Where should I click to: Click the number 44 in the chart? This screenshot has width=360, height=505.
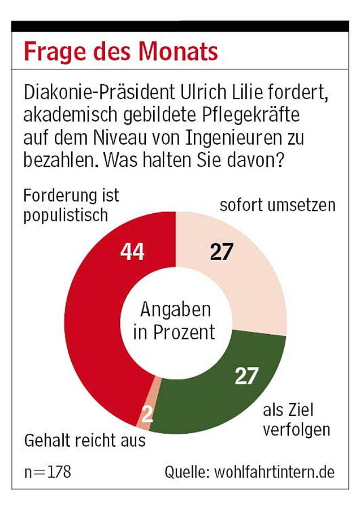click(x=132, y=252)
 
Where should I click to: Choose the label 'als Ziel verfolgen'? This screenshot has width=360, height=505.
click(x=296, y=419)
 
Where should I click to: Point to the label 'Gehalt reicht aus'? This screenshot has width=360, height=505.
click(x=85, y=441)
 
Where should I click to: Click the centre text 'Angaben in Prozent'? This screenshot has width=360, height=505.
click(x=175, y=321)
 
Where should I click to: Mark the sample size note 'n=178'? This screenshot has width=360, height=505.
click(x=47, y=472)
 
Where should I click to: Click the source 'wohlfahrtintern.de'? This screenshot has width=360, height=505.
click(x=275, y=472)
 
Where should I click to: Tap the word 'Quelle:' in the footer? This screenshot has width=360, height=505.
click(x=186, y=472)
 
